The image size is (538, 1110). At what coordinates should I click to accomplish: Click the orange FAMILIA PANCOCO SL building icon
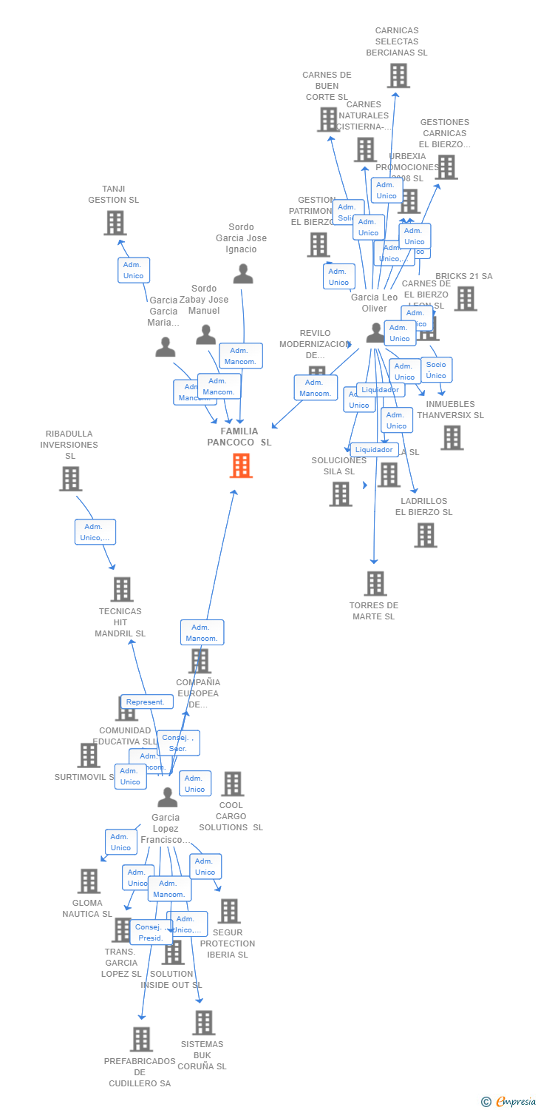point(241,465)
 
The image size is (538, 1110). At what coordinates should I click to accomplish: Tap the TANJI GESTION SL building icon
point(115,223)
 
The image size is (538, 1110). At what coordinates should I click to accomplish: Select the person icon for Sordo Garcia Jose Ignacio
point(242,274)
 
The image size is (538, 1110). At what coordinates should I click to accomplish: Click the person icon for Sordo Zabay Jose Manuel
point(205,334)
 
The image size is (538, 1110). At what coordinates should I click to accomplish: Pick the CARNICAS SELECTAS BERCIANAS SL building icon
point(398,75)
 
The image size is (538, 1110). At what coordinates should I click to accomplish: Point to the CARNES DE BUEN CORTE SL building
point(327,119)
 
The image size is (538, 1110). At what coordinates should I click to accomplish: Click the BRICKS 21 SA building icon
point(465,298)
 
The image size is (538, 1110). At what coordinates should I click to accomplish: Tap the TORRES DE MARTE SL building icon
point(375,583)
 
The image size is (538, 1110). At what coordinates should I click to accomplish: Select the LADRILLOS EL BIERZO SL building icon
point(425,535)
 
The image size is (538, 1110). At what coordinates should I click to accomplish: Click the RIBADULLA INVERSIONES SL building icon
point(70,479)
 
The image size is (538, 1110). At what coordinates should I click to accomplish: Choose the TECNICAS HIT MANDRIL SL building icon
point(121,589)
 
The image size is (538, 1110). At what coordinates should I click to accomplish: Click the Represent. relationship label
point(146,702)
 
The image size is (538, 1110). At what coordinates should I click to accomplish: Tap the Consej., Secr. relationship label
point(178,742)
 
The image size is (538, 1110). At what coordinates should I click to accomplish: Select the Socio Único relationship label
point(436,369)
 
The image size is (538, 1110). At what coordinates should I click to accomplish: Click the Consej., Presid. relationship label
point(151,932)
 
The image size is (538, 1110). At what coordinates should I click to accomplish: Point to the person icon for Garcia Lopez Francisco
point(167,797)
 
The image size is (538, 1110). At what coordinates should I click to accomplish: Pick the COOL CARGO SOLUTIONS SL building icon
point(232,784)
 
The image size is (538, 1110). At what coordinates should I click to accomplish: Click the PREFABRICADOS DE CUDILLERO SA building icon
point(140,1039)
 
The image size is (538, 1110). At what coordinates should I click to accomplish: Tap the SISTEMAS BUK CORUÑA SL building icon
point(203,1023)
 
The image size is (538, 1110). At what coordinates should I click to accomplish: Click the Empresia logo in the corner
point(509,1102)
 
